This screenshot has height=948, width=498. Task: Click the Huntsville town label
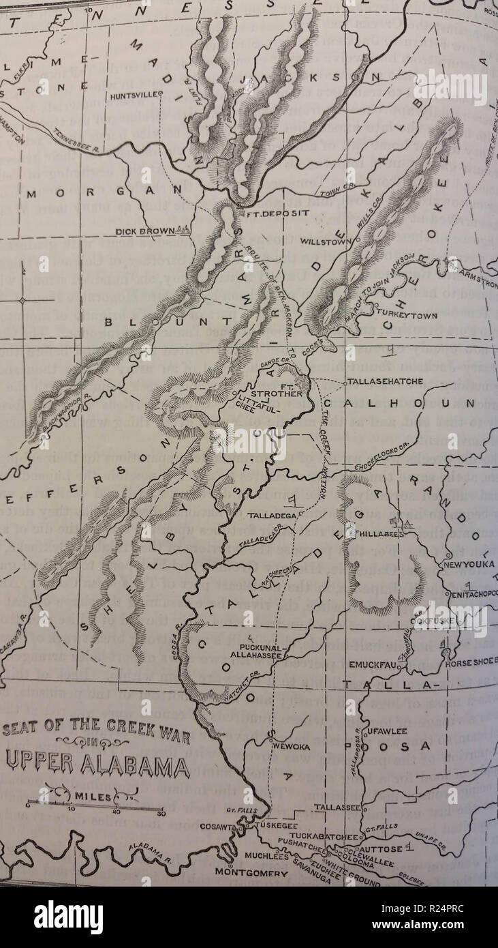134,95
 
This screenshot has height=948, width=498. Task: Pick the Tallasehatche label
386,381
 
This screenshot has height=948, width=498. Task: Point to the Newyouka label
469,565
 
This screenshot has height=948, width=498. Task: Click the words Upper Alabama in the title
97,765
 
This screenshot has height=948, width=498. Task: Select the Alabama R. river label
148,851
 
